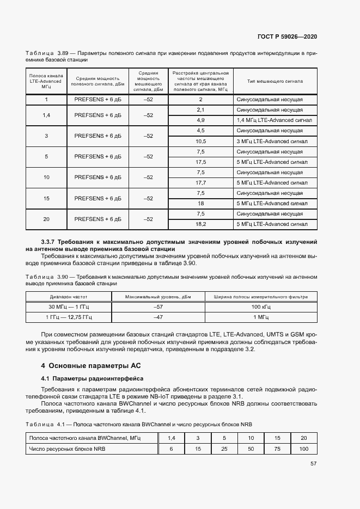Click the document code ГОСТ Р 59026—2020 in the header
[287, 36]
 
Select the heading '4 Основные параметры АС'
[91, 365]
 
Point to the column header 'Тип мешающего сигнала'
[275, 81]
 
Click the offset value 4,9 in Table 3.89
[200, 120]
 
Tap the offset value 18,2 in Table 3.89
[200, 224]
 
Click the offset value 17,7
[200, 182]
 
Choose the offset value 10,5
[200, 141]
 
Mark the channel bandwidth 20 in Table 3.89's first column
[46, 219]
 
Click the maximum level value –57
[158, 307]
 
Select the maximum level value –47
[158, 316]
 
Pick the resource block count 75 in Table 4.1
[277, 449]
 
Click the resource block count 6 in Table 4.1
[171, 449]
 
